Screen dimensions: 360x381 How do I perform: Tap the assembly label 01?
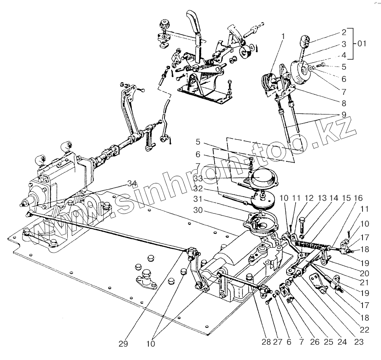pyautogui.click(x=361, y=44)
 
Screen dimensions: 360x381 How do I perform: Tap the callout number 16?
pyautogui.click(x=358, y=198)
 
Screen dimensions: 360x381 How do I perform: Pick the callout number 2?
pyautogui.click(x=344, y=32)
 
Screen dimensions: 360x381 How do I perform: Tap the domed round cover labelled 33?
pyautogui.click(x=262, y=179)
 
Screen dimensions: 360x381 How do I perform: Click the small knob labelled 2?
pyautogui.click(x=306, y=40)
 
